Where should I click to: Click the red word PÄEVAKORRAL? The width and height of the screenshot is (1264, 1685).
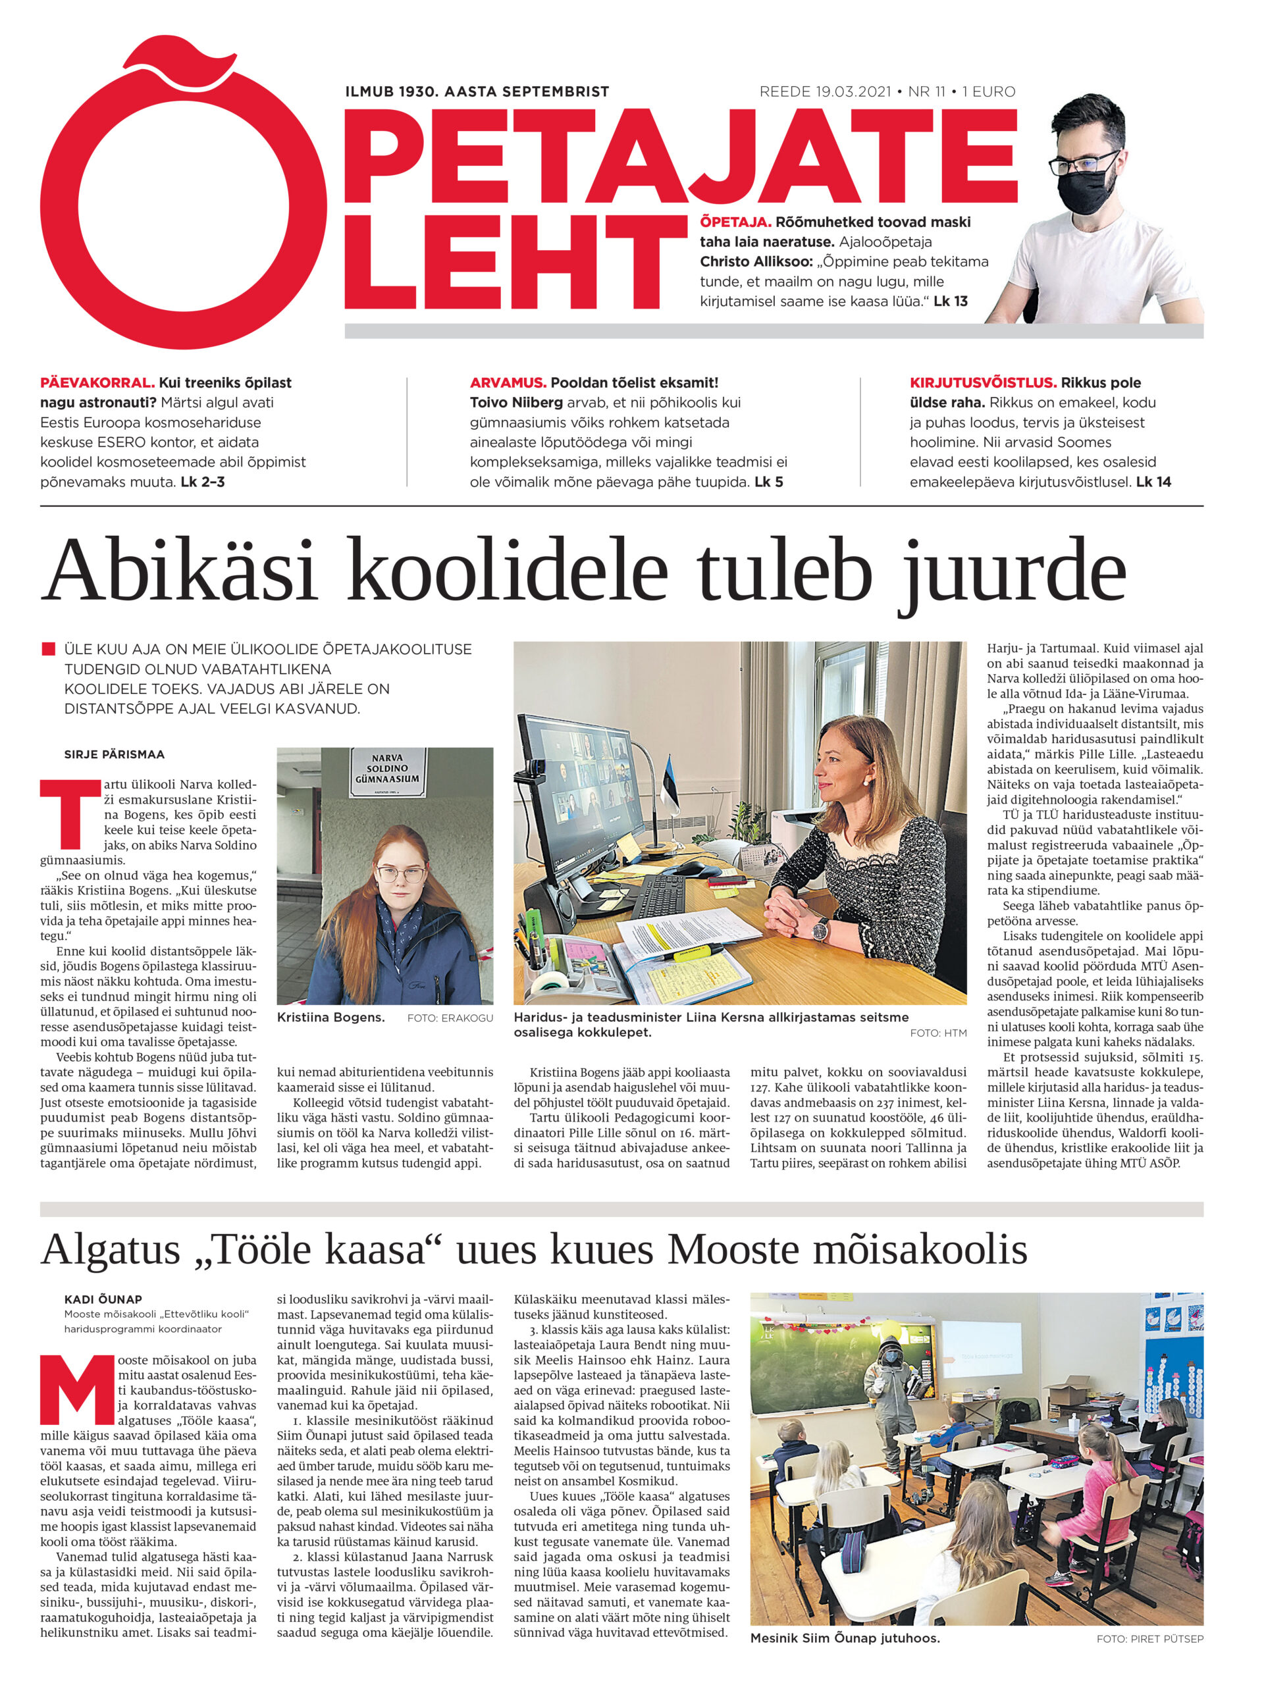pyautogui.click(x=97, y=382)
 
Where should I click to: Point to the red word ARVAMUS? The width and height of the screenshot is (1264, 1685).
pyautogui.click(x=508, y=382)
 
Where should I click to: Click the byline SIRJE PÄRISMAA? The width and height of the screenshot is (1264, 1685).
pyautogui.click(x=115, y=754)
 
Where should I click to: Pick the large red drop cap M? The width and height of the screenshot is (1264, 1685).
pyautogui.click(x=76, y=1393)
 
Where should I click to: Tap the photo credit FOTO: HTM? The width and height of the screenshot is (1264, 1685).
pyautogui.click(x=938, y=1033)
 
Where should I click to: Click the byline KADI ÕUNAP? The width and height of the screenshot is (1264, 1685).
pyautogui.click(x=103, y=1299)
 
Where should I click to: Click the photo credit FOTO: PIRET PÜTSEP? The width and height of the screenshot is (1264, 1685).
pyautogui.click(x=1149, y=1638)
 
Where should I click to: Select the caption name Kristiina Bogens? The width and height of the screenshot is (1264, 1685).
pyautogui.click(x=330, y=1017)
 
